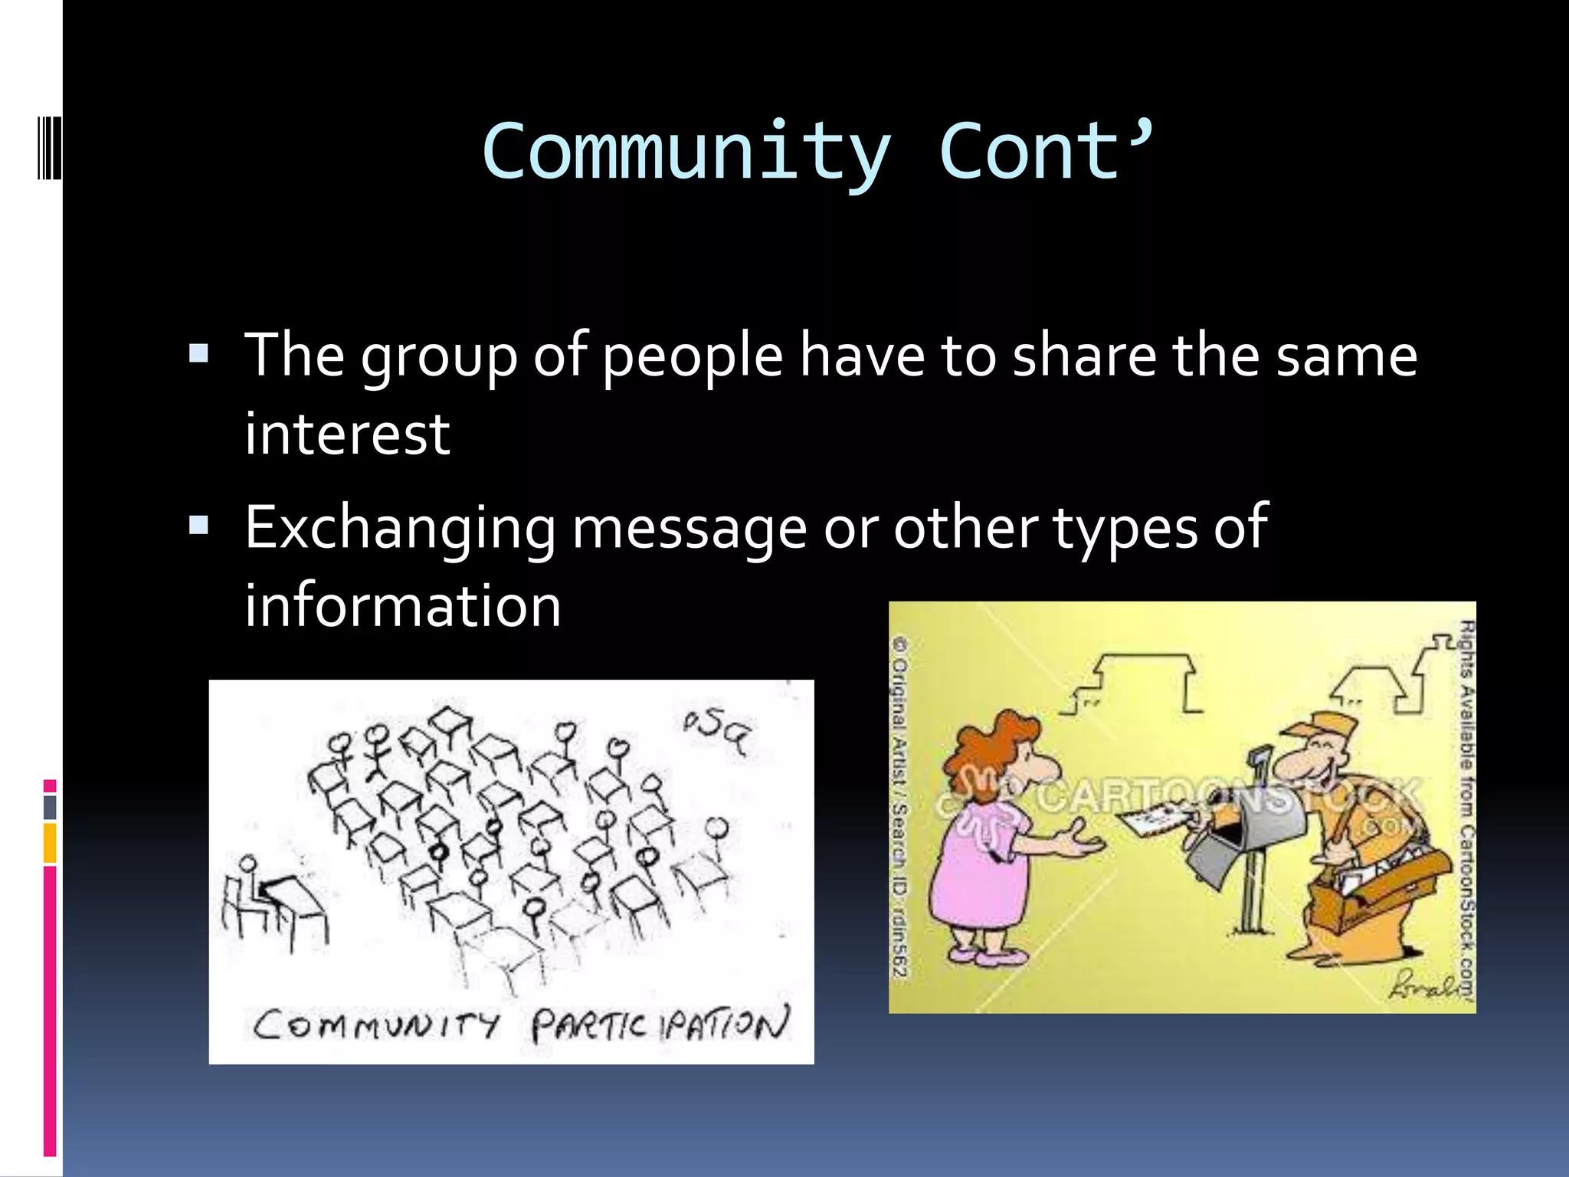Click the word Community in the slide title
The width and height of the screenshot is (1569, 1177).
coord(686,153)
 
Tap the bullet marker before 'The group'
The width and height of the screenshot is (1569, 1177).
coord(198,353)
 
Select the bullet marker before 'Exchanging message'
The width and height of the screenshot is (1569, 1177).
coord(198,526)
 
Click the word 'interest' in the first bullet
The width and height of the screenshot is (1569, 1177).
coord(347,434)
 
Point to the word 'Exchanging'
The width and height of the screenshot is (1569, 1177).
coord(400,529)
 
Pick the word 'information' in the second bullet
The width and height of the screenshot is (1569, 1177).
coord(403,605)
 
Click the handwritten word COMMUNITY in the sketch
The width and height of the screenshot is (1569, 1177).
coord(375,1025)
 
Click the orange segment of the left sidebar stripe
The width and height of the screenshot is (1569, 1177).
coord(50,843)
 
